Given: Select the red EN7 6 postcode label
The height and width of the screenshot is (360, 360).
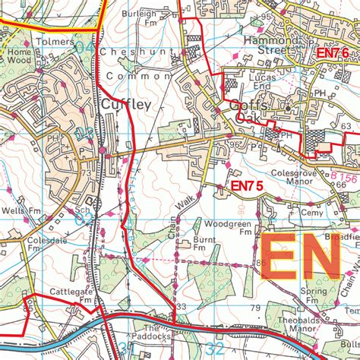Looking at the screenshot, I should click(332, 53).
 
